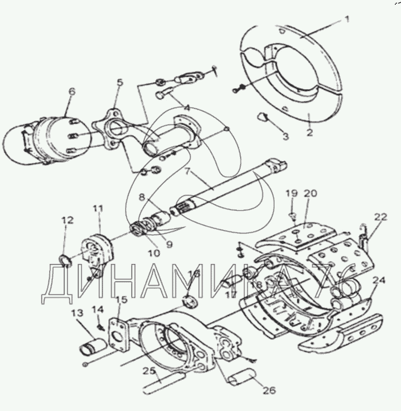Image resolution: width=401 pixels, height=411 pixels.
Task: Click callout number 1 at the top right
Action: click(x=347, y=19)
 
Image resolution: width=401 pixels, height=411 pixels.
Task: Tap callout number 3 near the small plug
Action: click(x=285, y=137)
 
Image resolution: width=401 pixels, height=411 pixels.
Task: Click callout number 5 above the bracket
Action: click(x=120, y=82)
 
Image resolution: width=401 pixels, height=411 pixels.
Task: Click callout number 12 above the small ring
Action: click(x=67, y=219)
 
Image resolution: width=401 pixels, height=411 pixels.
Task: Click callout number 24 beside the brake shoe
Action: click(x=378, y=281)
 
